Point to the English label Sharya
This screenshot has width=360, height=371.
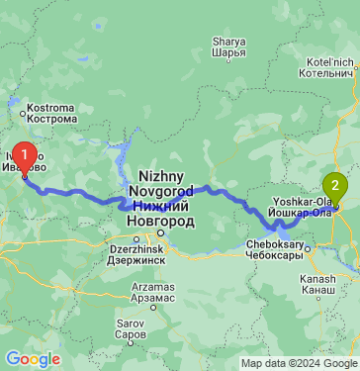pyautogui.click(x=229, y=42)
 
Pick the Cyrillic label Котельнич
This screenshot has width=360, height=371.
pyautogui.click(x=330, y=72)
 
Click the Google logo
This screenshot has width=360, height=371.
pyautogui.click(x=33, y=359)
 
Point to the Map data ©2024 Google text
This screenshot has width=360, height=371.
pyautogui.click(x=302, y=363)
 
